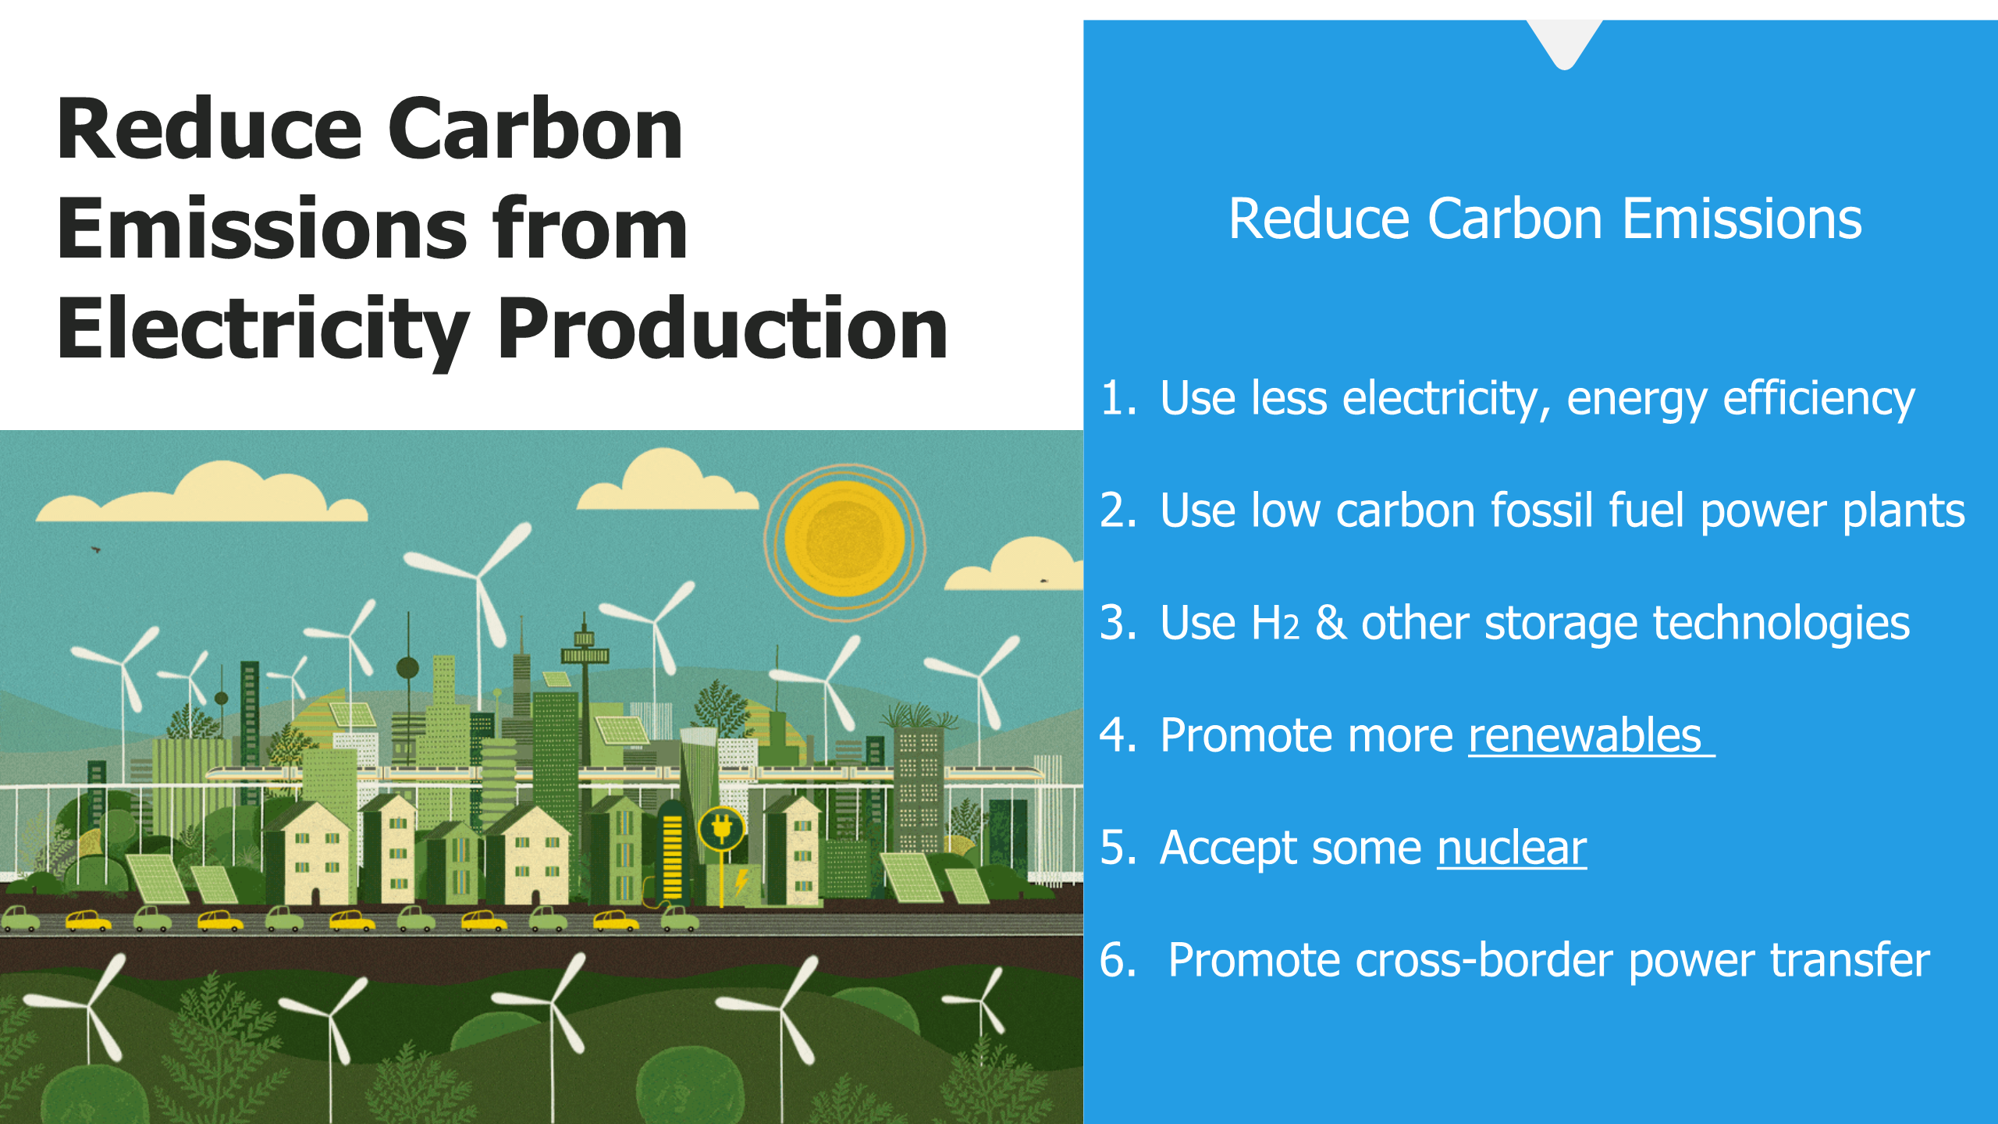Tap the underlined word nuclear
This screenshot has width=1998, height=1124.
[x=1512, y=848]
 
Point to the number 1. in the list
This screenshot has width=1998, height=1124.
[x=1118, y=398]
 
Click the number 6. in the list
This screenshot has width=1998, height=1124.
[x=1118, y=960]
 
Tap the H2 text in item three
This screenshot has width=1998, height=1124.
[x=1275, y=623]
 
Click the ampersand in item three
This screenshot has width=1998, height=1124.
[x=1331, y=623]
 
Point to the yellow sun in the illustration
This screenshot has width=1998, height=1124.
[x=844, y=539]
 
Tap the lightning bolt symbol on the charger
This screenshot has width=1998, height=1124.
[x=741, y=883]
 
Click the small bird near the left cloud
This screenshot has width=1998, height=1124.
[x=96, y=550]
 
